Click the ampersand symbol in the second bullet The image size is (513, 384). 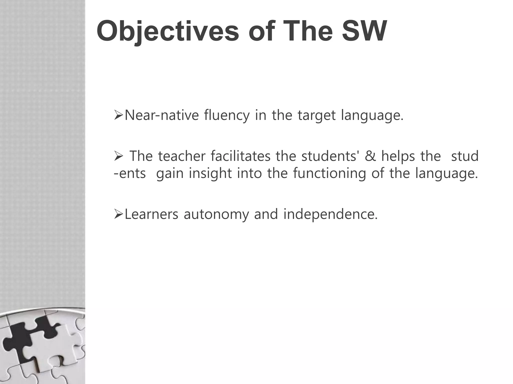click(x=370, y=156)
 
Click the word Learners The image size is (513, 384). click(x=151, y=214)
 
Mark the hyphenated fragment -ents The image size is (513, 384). click(x=130, y=173)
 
